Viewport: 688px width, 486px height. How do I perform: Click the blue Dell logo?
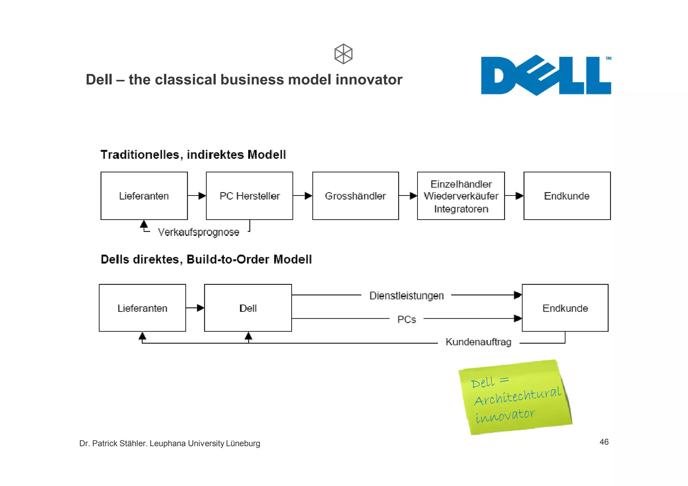point(546,76)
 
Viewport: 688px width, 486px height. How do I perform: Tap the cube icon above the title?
point(343,54)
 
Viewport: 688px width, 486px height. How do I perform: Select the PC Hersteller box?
point(249,196)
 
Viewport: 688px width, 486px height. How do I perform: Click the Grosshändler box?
point(355,196)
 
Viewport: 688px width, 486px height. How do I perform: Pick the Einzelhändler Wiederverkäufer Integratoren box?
point(461,196)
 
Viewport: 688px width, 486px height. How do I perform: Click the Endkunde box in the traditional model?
point(567,196)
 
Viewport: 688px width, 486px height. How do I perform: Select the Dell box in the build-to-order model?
point(248,308)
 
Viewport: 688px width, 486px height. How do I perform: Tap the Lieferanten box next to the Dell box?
point(142,308)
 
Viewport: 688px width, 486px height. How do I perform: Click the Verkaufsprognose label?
point(199,232)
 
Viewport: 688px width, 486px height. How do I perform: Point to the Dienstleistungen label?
point(406,296)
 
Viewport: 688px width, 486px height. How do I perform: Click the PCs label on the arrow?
point(406,319)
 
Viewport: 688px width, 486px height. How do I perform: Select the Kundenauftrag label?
point(478,342)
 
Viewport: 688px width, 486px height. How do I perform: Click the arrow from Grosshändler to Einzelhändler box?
point(408,196)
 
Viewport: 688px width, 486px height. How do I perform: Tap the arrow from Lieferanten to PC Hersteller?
point(197,196)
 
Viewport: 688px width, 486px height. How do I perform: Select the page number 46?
point(604,442)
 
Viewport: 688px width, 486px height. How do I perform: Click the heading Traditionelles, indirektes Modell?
point(193,155)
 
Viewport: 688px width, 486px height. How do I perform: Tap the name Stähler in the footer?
point(133,443)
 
